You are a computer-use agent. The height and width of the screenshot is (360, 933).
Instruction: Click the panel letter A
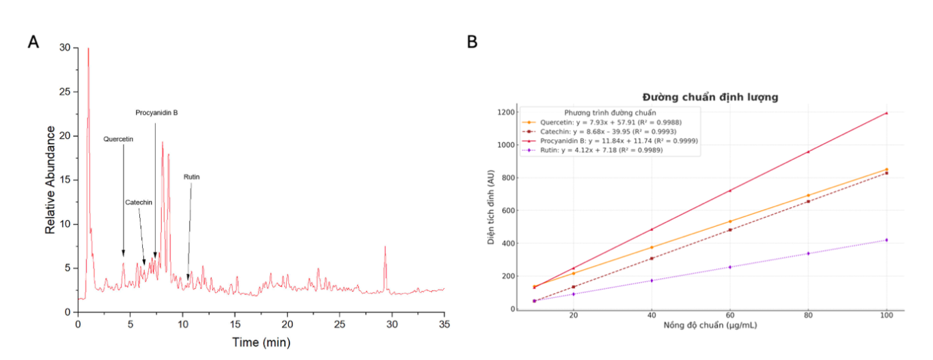click(x=33, y=42)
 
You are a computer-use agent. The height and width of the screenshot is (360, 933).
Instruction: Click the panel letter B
click(x=472, y=42)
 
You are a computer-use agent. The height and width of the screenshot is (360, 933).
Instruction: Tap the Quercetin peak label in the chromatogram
click(x=118, y=139)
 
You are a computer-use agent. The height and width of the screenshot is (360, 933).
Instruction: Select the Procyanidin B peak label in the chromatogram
click(x=156, y=113)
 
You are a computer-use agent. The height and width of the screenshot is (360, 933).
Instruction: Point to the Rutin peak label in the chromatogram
click(x=191, y=177)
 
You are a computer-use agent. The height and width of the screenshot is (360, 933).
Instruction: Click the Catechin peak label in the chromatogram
click(x=139, y=203)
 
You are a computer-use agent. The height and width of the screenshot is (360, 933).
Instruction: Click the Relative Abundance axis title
click(x=50, y=179)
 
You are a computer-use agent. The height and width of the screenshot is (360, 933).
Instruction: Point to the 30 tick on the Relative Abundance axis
click(x=65, y=48)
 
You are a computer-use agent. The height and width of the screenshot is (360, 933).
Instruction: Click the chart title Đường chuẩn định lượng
click(x=710, y=97)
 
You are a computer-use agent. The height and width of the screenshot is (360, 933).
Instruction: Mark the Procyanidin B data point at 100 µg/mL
click(x=887, y=113)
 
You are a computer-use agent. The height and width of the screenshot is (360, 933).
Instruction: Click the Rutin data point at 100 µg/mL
click(x=887, y=240)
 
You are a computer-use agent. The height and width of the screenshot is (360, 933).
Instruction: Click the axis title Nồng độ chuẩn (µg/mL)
click(x=710, y=325)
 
